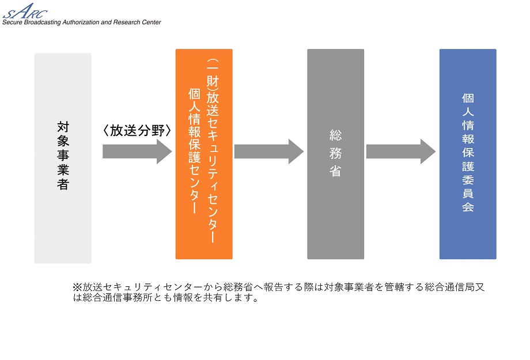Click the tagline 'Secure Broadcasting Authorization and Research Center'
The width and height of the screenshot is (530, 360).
[x=81, y=22]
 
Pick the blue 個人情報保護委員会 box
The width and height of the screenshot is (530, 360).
[x=468, y=236]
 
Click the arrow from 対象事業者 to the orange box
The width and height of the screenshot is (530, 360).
[x=137, y=151]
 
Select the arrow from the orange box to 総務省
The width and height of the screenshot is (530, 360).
[x=268, y=151]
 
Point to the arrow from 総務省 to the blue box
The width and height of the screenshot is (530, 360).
[x=401, y=151]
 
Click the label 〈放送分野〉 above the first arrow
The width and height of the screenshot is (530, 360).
[x=137, y=131]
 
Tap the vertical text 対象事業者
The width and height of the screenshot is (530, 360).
[x=63, y=155]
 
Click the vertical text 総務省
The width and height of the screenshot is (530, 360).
[x=335, y=153]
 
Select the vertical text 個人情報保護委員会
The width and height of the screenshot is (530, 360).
[x=468, y=153]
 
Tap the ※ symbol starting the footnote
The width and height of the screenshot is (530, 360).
[x=77, y=287]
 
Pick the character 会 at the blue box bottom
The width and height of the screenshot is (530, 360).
[x=468, y=207]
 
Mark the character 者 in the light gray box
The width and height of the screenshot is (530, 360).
[x=63, y=185]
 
